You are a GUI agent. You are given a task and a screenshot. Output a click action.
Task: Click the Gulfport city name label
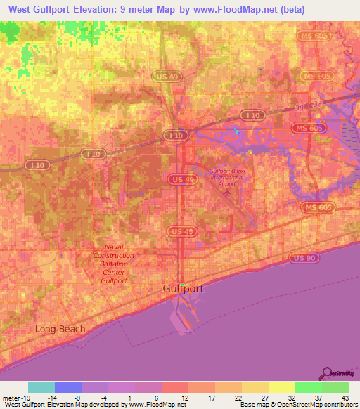coord(184,289)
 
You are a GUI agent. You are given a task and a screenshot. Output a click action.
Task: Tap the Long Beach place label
coord(60,329)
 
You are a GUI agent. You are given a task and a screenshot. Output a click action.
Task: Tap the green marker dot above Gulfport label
coord(182,285)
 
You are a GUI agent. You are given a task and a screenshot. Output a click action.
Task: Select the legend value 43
coord(345,397)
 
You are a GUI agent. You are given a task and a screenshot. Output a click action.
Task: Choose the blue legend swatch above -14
coord(68,387)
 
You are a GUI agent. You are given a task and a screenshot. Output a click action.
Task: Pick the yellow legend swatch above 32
coord(281,387)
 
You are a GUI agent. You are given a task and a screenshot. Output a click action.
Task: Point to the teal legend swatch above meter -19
coord(41,387)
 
